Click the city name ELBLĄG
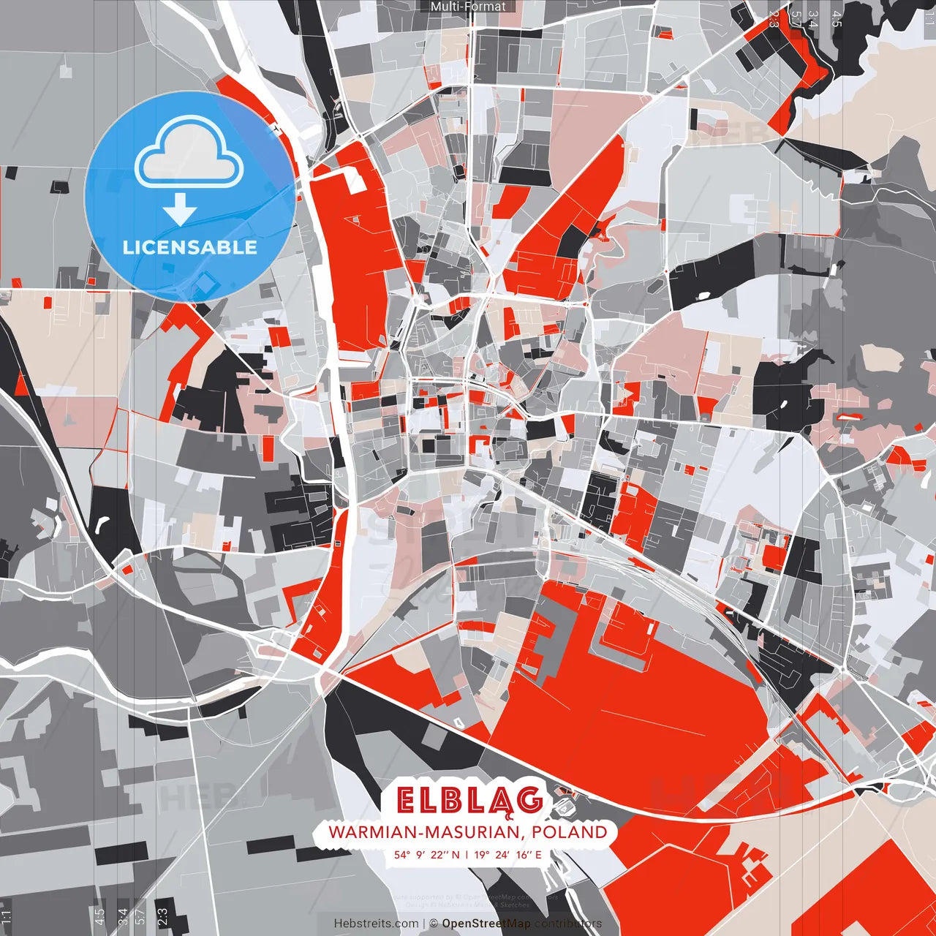tap(469, 801)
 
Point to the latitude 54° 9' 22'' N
tap(426, 854)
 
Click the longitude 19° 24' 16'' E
tap(507, 854)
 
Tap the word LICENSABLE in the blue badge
tap(190, 247)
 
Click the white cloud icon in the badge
tap(189, 153)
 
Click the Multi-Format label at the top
tap(468, 7)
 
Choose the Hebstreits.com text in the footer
tap(376, 924)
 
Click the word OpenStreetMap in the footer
tap(486, 924)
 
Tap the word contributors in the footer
tap(568, 924)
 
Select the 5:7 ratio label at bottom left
tap(140, 916)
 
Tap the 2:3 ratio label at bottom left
tap(162, 916)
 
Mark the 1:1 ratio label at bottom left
tap(6, 917)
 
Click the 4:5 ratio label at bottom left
tap(99, 916)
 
